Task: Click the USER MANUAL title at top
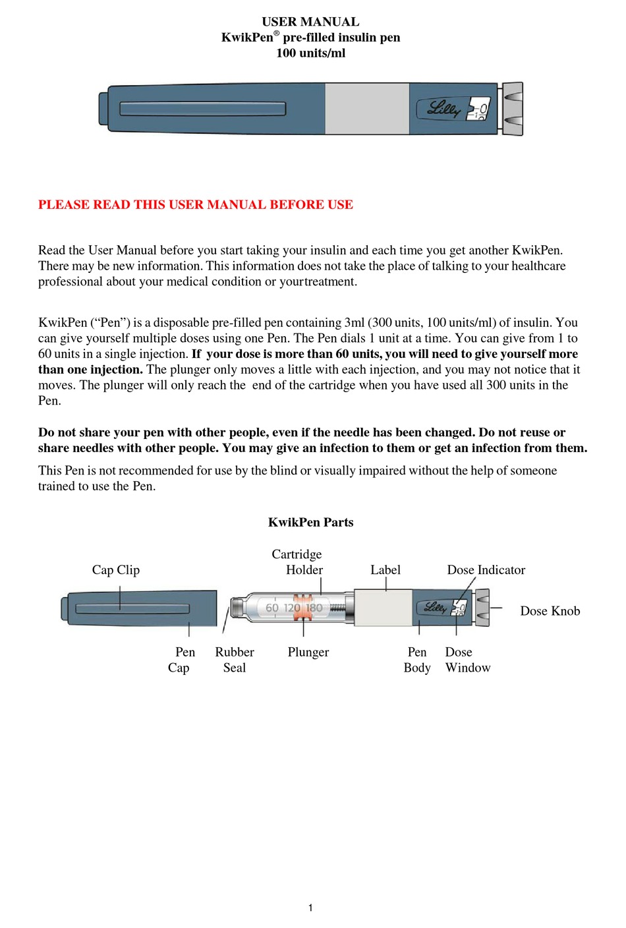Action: pyautogui.click(x=310, y=22)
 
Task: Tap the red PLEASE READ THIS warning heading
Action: pyautogui.click(x=195, y=204)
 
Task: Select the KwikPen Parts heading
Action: pyautogui.click(x=310, y=522)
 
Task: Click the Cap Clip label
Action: pyautogui.click(x=116, y=569)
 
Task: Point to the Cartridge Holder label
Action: pyautogui.click(x=297, y=562)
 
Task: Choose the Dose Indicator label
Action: pyautogui.click(x=486, y=569)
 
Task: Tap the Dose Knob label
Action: pyautogui.click(x=550, y=611)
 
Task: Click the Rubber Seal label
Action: pyautogui.click(x=235, y=660)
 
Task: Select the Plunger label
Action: pyautogui.click(x=308, y=652)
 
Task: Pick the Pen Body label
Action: pyautogui.click(x=417, y=660)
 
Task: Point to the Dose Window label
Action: pyautogui.click(x=467, y=660)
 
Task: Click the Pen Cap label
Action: pyautogui.click(x=181, y=660)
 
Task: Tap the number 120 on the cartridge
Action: pyautogui.click(x=292, y=608)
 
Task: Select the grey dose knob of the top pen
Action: pyautogui.click(x=512, y=109)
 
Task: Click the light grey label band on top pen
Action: pyautogui.click(x=367, y=109)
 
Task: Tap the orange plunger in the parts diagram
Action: pyautogui.click(x=303, y=608)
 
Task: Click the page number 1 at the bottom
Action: pyautogui.click(x=310, y=908)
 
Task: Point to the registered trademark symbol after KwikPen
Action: pyautogui.click(x=277, y=33)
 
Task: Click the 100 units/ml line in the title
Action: pyautogui.click(x=310, y=53)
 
